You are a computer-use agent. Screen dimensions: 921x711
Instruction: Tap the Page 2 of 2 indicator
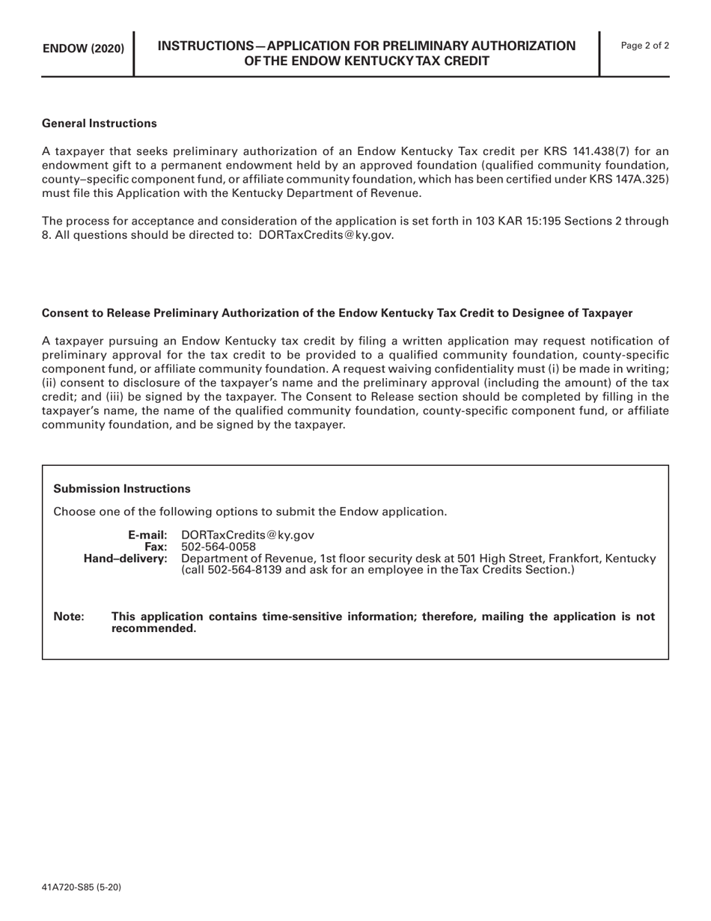coord(645,46)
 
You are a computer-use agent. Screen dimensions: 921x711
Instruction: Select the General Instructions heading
coord(100,123)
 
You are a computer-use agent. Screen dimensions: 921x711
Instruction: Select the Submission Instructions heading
coord(122,488)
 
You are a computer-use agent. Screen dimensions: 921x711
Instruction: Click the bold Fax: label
coord(156,547)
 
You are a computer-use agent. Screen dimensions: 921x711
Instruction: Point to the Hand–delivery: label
coord(126,559)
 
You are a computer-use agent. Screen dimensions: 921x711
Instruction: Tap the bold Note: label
coord(69,616)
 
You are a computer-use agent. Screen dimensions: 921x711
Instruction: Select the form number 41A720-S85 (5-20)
coord(82,887)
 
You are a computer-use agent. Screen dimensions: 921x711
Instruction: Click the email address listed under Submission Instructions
coord(248,535)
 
